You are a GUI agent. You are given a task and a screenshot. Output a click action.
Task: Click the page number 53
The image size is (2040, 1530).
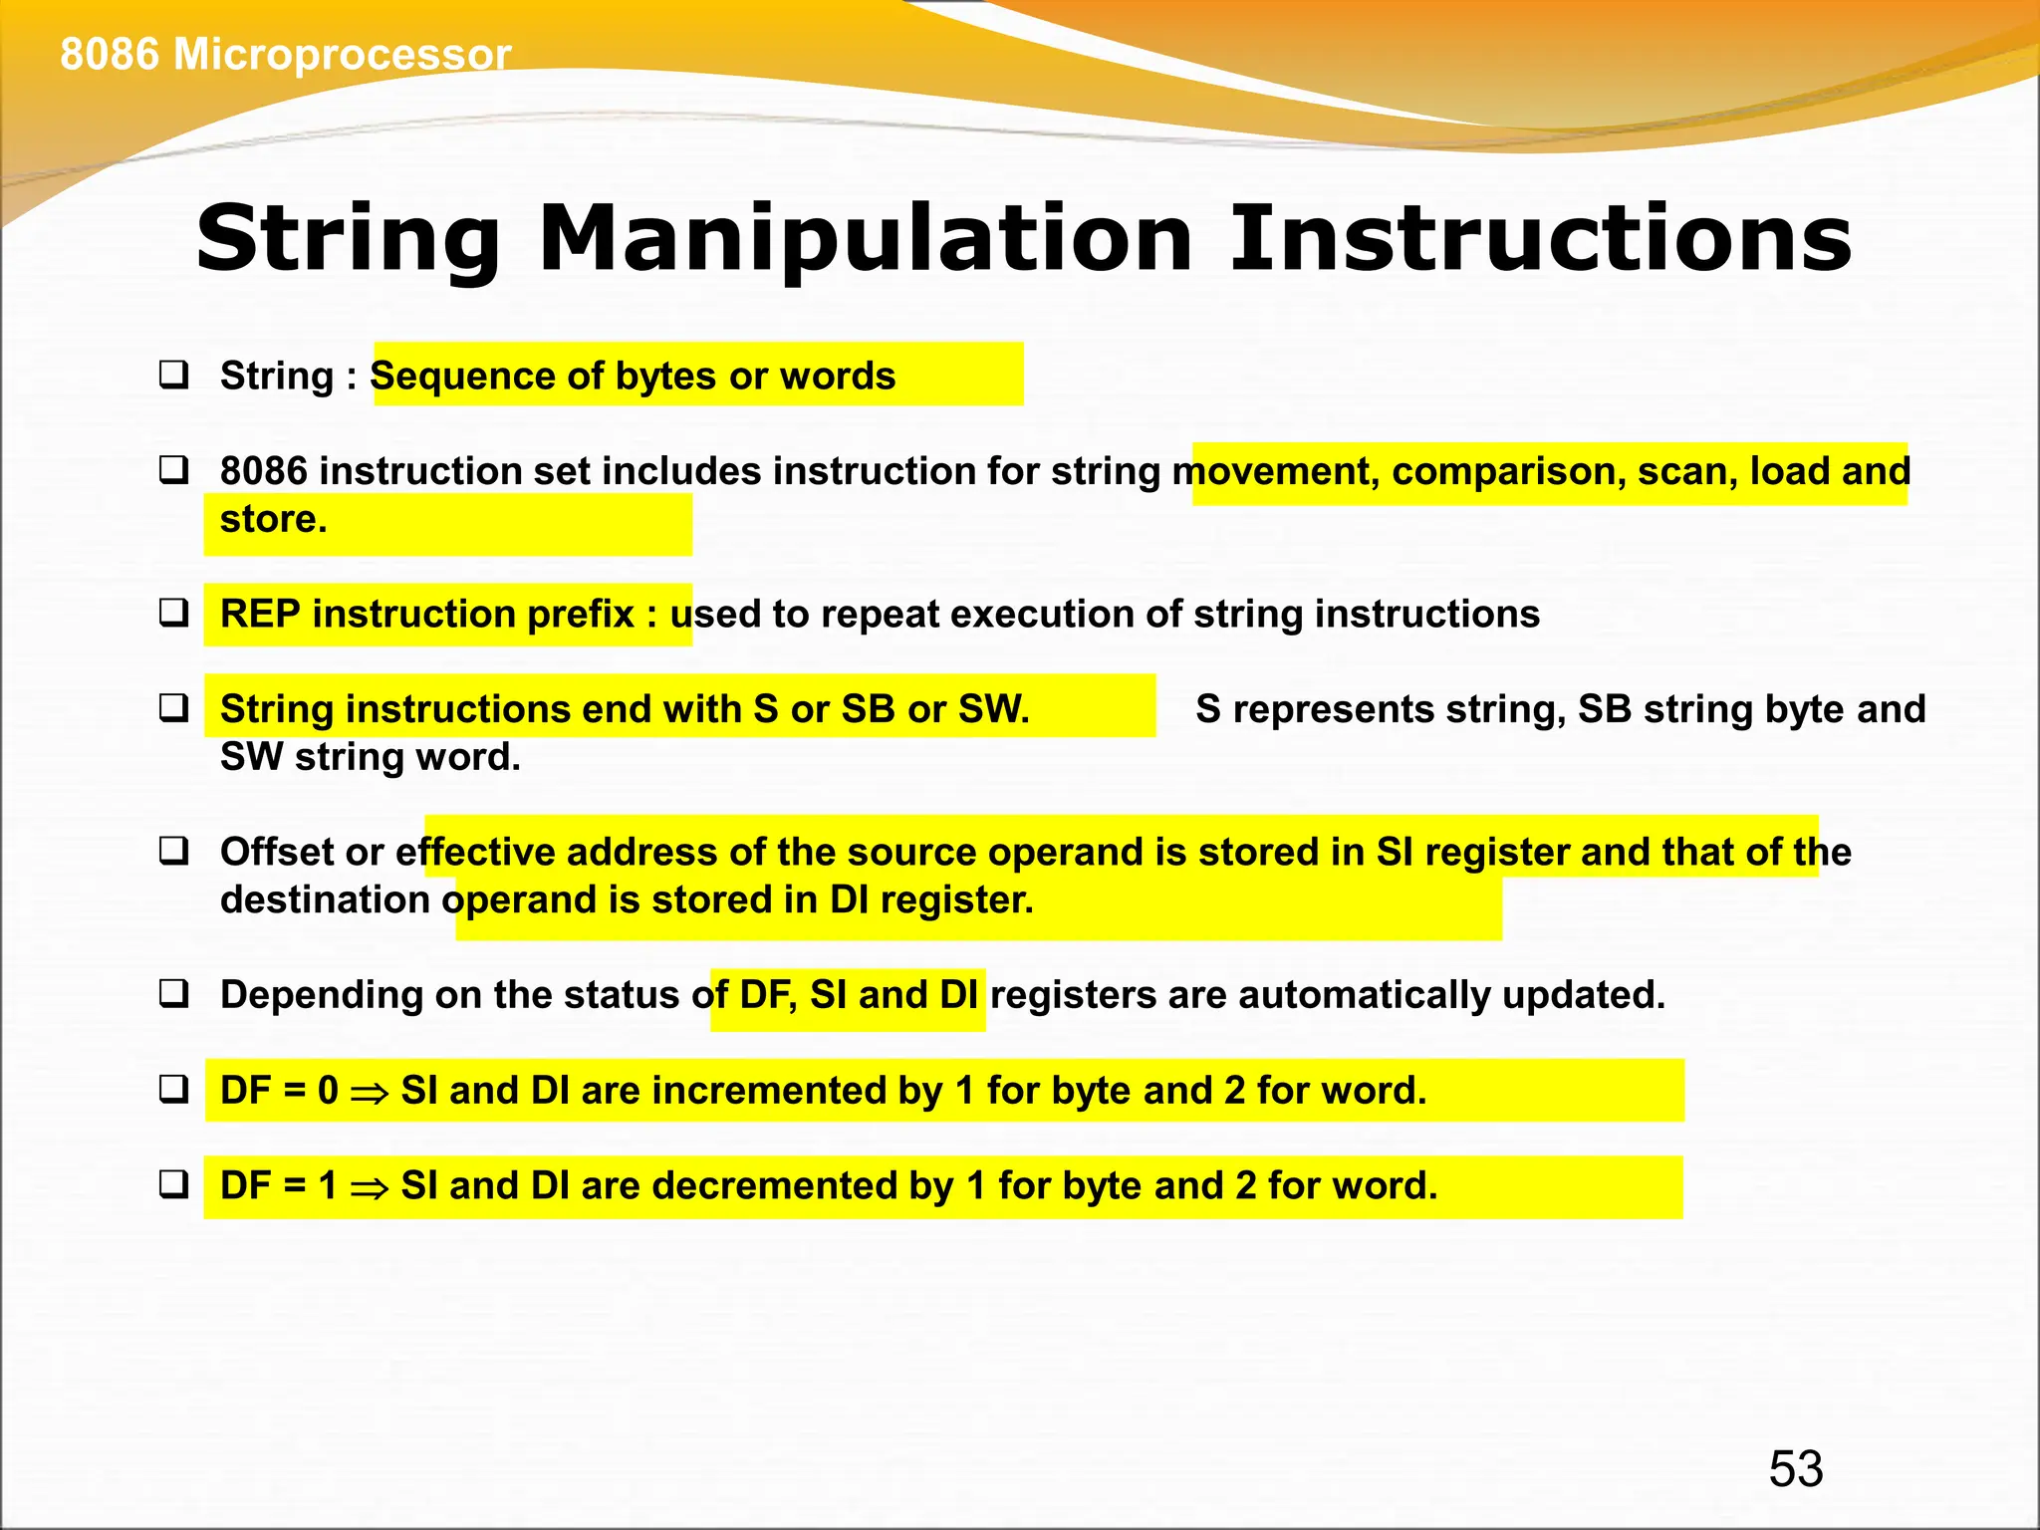click(x=1795, y=1468)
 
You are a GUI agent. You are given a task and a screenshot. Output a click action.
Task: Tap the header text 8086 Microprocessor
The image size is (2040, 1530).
click(x=286, y=54)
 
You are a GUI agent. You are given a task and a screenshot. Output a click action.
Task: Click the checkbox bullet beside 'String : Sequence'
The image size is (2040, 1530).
click(x=174, y=376)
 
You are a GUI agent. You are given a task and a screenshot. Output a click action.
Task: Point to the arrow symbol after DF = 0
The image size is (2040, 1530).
click(x=370, y=1093)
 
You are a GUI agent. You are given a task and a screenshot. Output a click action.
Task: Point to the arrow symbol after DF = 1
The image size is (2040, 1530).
click(x=370, y=1188)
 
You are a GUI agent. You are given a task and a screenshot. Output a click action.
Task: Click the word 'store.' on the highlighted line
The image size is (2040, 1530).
click(x=273, y=519)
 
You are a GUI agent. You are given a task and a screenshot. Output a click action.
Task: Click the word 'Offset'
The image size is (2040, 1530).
click(x=277, y=853)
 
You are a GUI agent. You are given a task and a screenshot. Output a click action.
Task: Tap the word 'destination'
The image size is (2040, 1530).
click(x=325, y=900)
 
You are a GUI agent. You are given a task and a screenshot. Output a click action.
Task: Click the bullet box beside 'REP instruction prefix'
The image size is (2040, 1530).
click(x=174, y=614)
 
